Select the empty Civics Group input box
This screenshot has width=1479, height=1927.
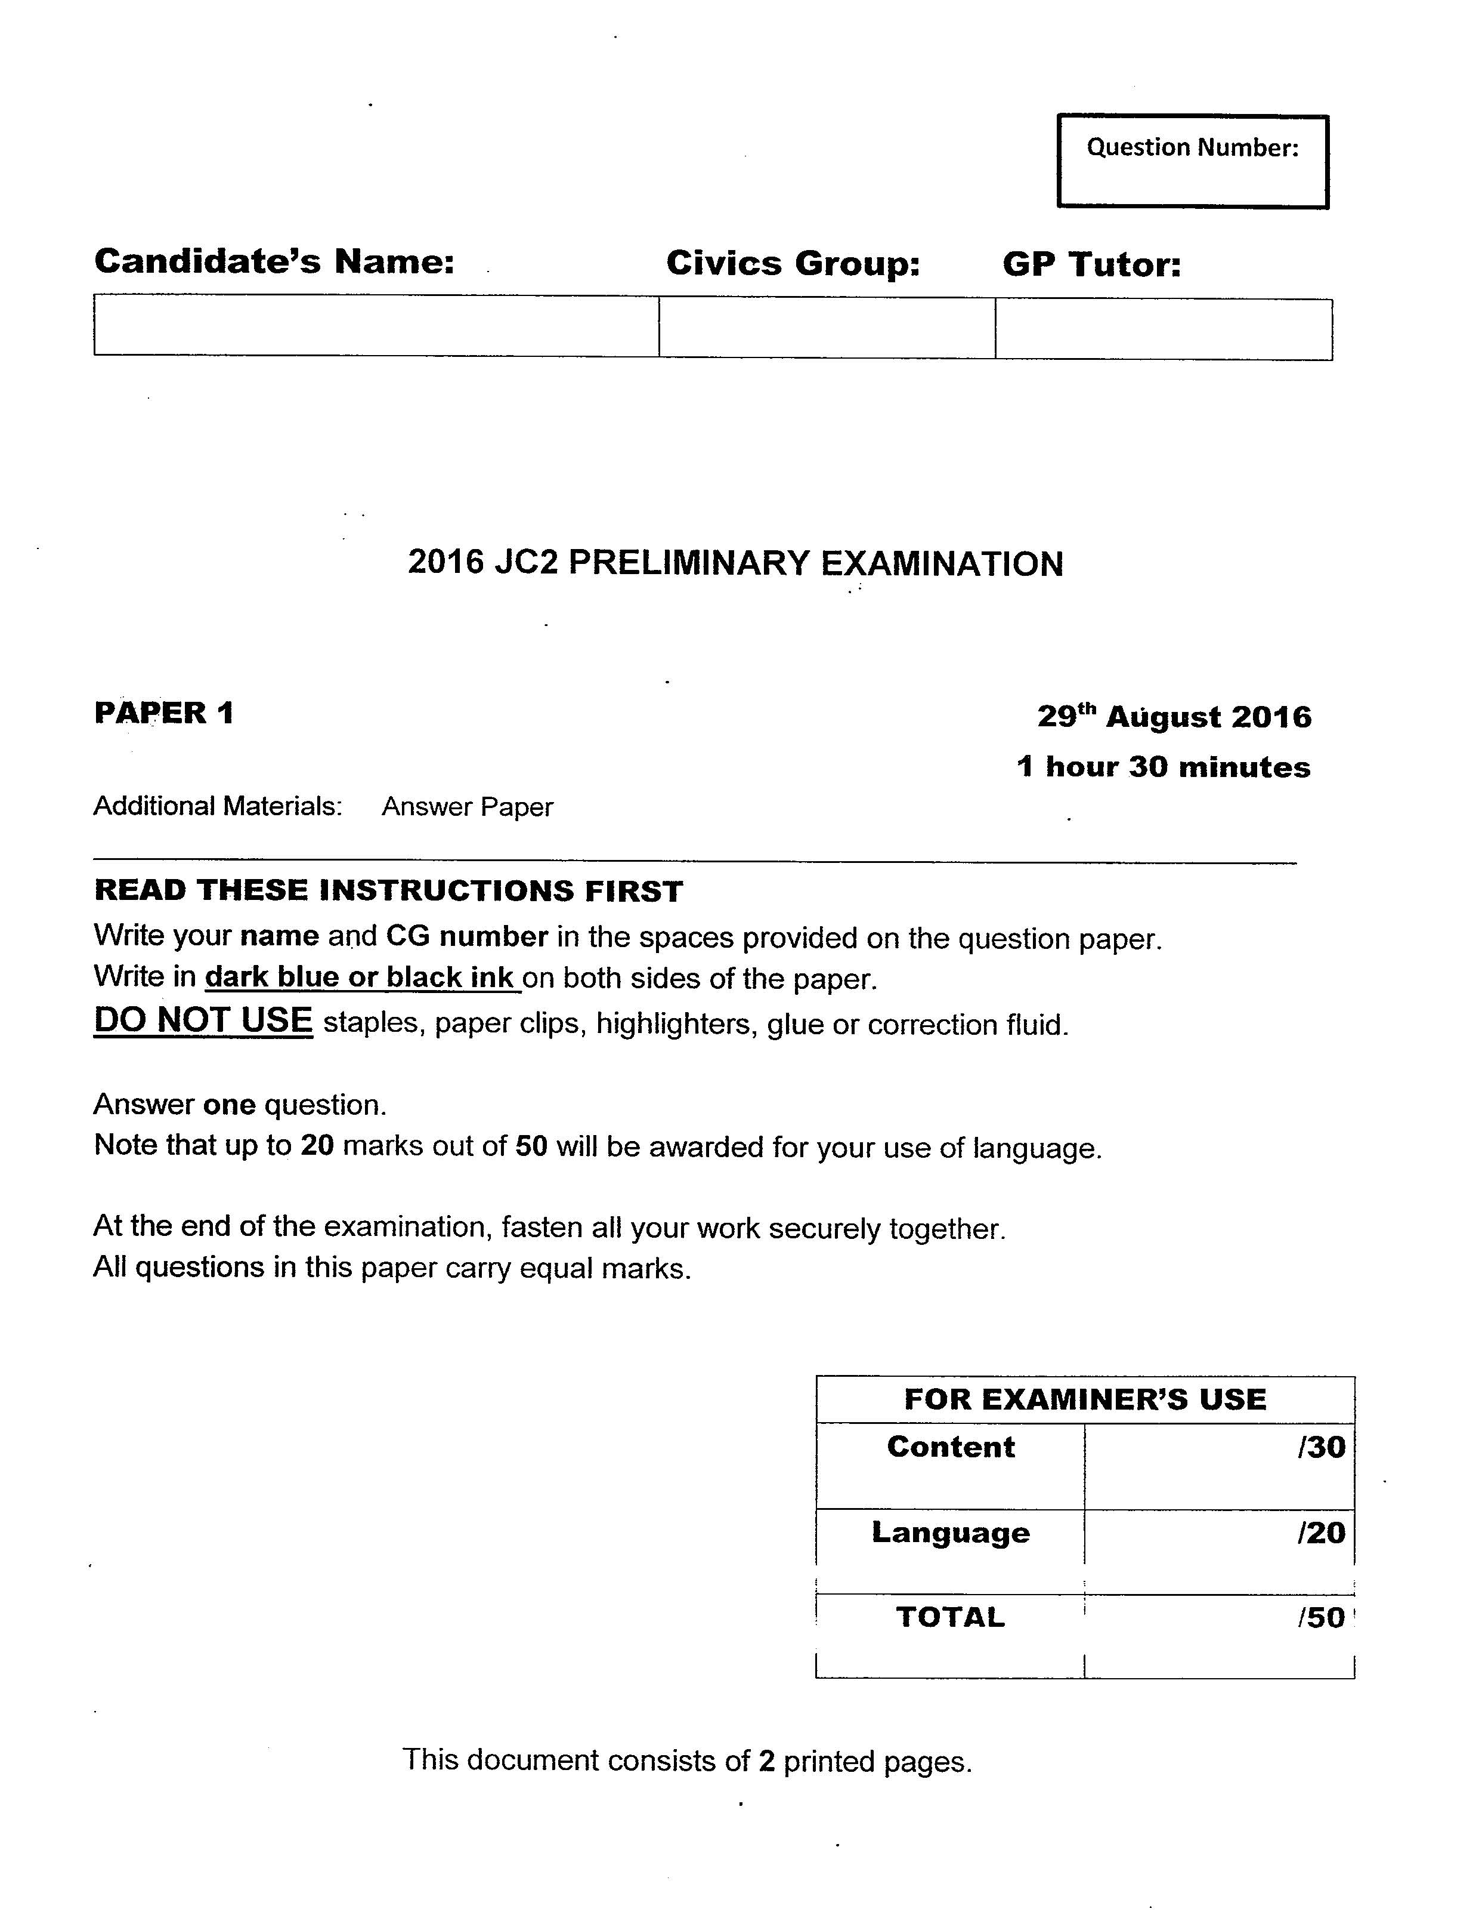[827, 327]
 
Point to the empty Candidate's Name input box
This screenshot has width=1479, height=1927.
[376, 325]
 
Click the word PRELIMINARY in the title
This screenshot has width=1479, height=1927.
[688, 563]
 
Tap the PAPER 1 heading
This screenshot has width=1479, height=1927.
[164, 713]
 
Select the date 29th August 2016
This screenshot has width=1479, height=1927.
[1174, 716]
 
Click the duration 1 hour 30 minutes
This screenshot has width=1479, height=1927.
[1163, 767]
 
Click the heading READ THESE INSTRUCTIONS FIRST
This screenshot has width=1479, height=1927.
[388, 890]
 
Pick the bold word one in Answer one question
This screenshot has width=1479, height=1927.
[229, 1105]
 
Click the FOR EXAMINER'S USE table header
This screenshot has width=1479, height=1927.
[1085, 1399]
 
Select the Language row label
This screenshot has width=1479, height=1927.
[950, 1533]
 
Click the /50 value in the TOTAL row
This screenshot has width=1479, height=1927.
[1320, 1618]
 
